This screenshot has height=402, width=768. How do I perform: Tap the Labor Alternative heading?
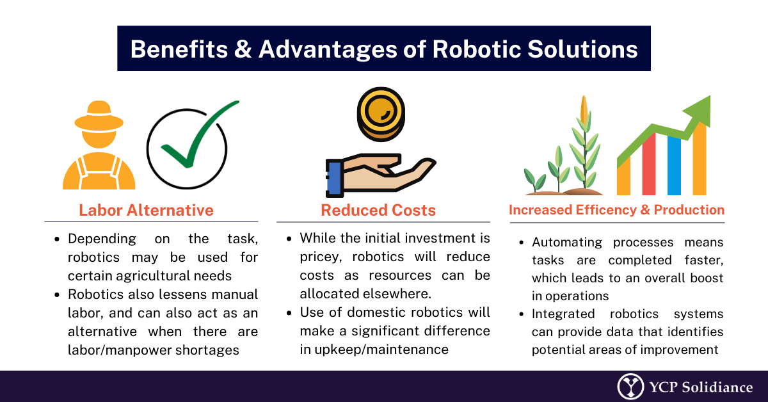pyautogui.click(x=146, y=210)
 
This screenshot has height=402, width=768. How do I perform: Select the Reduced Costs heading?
pyautogui.click(x=378, y=210)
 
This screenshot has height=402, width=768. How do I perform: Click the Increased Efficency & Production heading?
pyautogui.click(x=616, y=210)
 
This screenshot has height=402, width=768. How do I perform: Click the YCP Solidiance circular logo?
pyautogui.click(x=630, y=387)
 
